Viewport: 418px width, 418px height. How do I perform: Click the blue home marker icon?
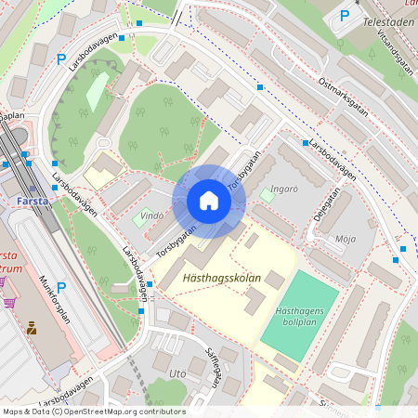click(209, 201)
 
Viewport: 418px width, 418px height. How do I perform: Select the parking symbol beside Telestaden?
click(345, 16)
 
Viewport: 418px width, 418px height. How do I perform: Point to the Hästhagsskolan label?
click(219, 277)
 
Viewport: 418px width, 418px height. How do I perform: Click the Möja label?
click(346, 239)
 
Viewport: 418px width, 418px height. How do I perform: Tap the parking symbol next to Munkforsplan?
click(61, 288)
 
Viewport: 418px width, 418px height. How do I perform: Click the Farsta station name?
click(33, 200)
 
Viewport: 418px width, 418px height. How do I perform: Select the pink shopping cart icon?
click(9, 302)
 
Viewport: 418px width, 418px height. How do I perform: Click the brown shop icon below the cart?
click(32, 328)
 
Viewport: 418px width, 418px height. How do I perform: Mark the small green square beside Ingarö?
click(268, 195)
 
